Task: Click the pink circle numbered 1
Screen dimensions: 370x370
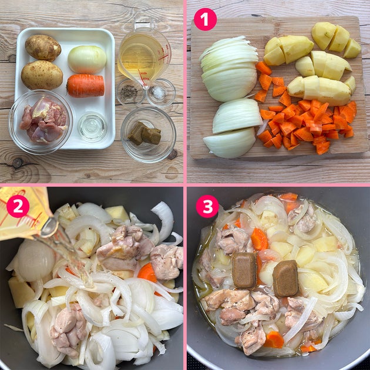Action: click(x=205, y=19)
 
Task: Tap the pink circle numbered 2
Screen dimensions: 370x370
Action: click(x=18, y=206)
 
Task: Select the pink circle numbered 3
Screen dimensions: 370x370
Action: click(x=207, y=206)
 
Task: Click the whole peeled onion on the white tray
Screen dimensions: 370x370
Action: click(x=87, y=59)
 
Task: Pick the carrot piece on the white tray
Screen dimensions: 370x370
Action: click(x=86, y=85)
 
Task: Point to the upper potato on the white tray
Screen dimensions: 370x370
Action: click(x=43, y=48)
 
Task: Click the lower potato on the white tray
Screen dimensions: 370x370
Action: click(x=42, y=75)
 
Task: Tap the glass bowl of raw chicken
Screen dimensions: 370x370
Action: click(x=41, y=122)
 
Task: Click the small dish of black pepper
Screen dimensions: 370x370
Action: click(x=130, y=92)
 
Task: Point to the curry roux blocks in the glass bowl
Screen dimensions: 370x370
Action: click(x=144, y=133)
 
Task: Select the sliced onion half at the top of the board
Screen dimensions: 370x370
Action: click(x=230, y=69)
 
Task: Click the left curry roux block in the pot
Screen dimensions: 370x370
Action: click(x=244, y=270)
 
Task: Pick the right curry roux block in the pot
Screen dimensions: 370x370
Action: click(x=285, y=278)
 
